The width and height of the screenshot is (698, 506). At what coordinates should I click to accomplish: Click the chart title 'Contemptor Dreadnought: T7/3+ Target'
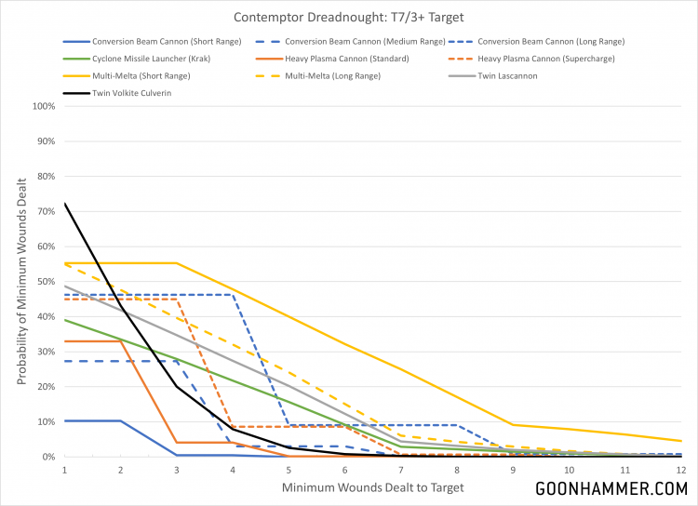348,17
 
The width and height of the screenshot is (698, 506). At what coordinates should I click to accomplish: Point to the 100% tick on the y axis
43,106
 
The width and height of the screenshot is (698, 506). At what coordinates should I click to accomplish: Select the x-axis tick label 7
400,470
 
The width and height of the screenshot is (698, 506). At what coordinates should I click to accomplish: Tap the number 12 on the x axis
680,470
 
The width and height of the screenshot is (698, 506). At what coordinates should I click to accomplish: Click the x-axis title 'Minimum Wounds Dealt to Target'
372,487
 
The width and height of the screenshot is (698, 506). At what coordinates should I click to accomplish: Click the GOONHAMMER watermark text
611,488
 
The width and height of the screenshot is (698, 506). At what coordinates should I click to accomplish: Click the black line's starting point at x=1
64,203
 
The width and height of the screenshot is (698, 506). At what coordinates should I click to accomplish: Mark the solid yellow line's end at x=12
681,441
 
